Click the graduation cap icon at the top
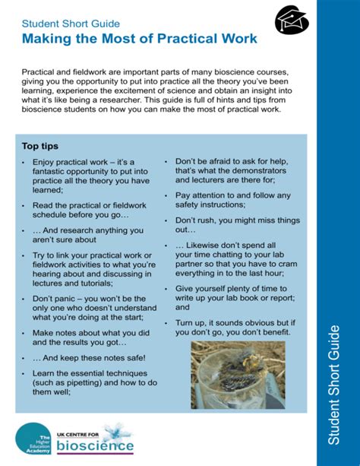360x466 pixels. pos(291,17)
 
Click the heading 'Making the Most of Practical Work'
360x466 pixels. pos(139,38)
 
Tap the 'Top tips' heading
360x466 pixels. pos(40,146)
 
